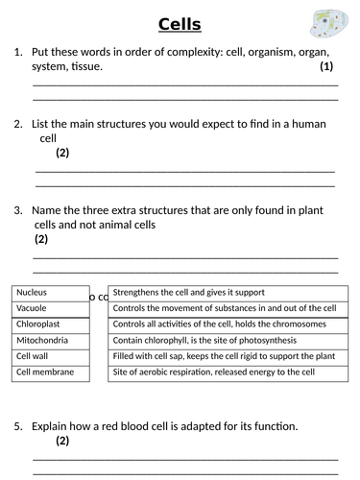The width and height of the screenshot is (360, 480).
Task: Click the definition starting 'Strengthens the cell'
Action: (223, 293)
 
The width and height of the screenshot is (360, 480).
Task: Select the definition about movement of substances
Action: (223, 308)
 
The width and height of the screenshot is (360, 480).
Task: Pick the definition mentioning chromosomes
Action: (223, 324)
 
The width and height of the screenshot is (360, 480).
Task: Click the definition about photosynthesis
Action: (223, 340)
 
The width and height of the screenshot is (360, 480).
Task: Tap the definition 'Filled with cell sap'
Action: (223, 356)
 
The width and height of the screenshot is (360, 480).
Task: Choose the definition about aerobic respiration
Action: (223, 372)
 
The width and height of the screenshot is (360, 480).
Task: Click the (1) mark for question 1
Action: (326, 67)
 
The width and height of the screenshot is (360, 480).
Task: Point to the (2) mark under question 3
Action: (41, 239)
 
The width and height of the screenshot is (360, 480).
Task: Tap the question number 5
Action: (18, 425)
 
